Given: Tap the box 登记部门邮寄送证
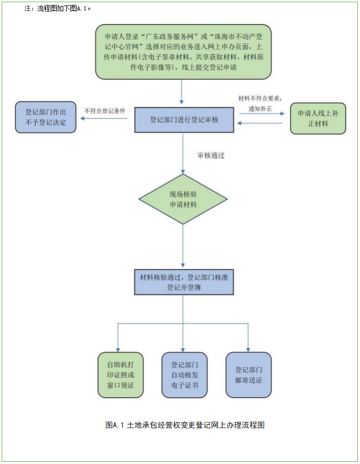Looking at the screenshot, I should (248, 374).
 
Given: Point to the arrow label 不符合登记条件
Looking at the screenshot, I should (105, 110).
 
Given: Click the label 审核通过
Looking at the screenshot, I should (211, 156).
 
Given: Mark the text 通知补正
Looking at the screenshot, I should (260, 108).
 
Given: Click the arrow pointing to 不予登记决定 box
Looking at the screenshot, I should (105, 118).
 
